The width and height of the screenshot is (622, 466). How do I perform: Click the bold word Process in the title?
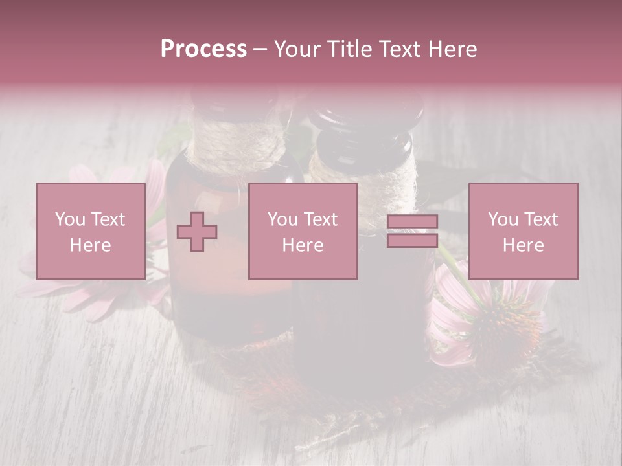click(203, 49)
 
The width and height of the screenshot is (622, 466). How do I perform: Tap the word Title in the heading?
click(349, 49)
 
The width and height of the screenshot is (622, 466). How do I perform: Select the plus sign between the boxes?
click(197, 232)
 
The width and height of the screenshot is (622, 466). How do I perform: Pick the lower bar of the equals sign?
click(412, 240)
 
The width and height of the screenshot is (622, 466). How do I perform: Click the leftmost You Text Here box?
click(90, 231)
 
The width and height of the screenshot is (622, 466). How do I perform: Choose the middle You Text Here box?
click(303, 231)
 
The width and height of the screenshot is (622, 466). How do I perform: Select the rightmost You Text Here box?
click(523, 231)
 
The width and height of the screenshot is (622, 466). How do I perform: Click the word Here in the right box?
click(523, 245)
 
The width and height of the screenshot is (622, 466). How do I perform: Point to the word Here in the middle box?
click(303, 245)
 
